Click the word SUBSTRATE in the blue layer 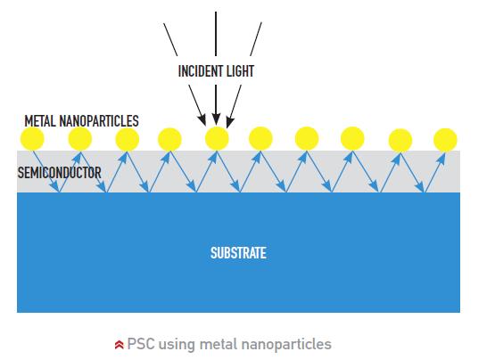point(238,253)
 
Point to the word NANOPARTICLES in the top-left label point(99,121)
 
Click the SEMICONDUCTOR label point(60,173)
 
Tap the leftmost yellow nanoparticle point(32,138)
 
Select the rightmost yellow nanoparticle point(445,140)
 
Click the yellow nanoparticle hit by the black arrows point(217,138)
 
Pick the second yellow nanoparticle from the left point(80,138)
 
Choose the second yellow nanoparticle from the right point(400,141)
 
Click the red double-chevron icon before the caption point(119,345)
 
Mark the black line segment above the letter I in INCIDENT point(170,39)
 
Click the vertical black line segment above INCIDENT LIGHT point(216,34)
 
